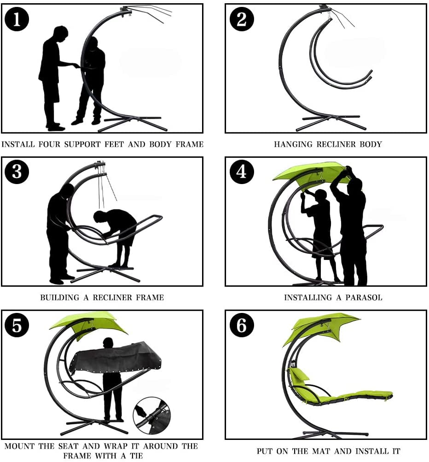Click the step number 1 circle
(17, 19)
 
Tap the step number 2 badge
(242, 19)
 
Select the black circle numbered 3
(17, 172)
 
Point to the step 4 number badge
(242, 172)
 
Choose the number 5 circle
(17, 325)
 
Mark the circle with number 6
(242, 325)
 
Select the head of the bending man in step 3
(99, 217)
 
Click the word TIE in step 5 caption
(136, 456)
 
